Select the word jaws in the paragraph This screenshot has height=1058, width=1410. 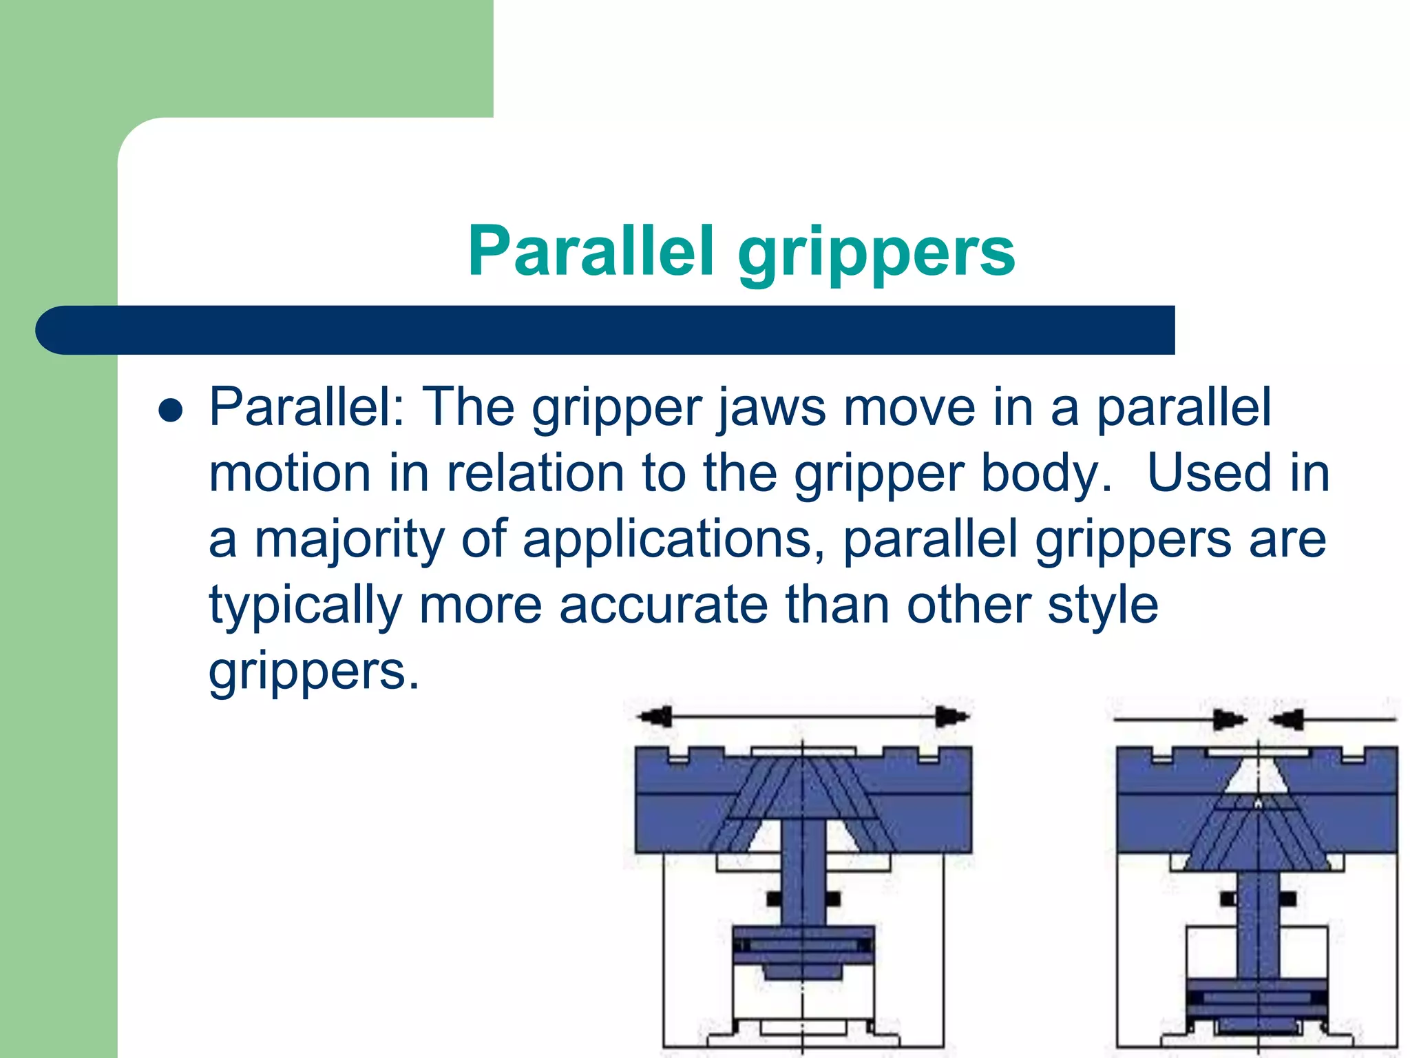coord(771,408)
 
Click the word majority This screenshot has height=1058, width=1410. coord(350,541)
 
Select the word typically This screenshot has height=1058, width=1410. coord(305,607)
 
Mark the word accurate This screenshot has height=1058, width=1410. coord(663,605)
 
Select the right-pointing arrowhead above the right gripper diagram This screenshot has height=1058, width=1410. coord(1229,720)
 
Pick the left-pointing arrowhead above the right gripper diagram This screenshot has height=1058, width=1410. coord(1287,720)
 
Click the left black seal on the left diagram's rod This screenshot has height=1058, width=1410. coord(774,899)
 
